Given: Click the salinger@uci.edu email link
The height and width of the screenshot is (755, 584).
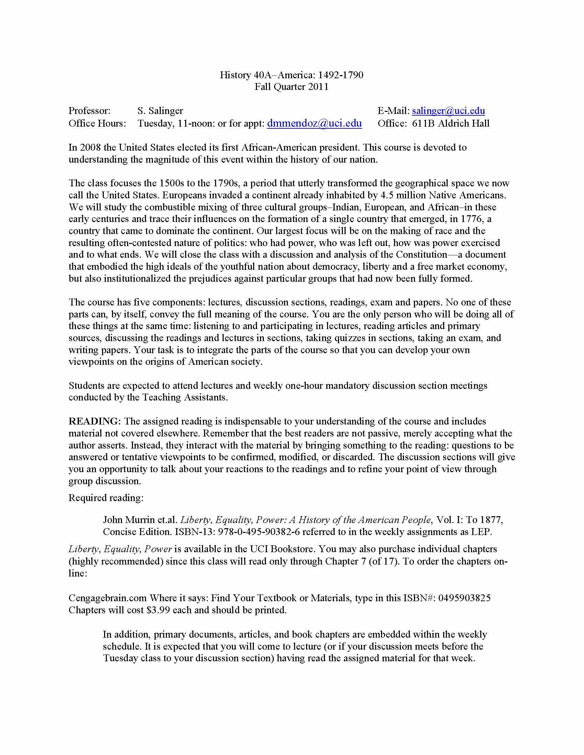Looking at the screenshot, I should (448, 111).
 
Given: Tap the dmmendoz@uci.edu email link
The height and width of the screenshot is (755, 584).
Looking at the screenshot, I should (314, 123).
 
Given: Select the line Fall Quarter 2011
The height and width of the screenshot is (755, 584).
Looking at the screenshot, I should (292, 86).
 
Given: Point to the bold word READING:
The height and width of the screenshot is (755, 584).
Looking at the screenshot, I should (94, 421).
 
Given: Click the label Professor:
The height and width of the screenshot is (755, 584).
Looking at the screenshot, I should (90, 111).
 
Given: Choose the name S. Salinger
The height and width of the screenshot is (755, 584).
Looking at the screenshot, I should (160, 111).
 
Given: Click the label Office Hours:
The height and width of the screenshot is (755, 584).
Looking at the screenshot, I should (97, 123).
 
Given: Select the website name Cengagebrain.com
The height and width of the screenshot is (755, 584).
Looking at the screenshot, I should (108, 598).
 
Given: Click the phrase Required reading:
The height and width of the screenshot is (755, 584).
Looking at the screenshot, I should (106, 498).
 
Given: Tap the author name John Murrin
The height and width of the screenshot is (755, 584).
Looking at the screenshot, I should (126, 520).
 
